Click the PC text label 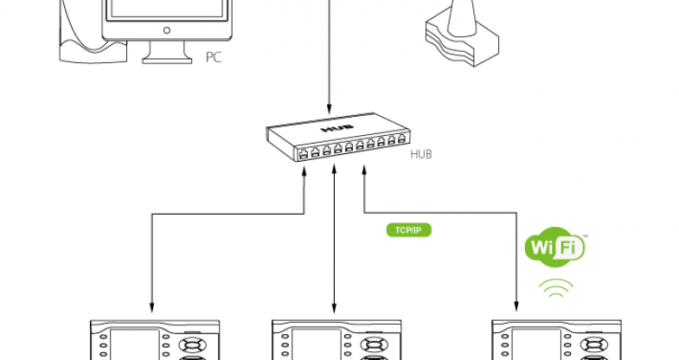214,58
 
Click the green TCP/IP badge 407,230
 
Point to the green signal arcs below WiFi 555,288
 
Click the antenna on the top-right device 460,17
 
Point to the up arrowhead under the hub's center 335,171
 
